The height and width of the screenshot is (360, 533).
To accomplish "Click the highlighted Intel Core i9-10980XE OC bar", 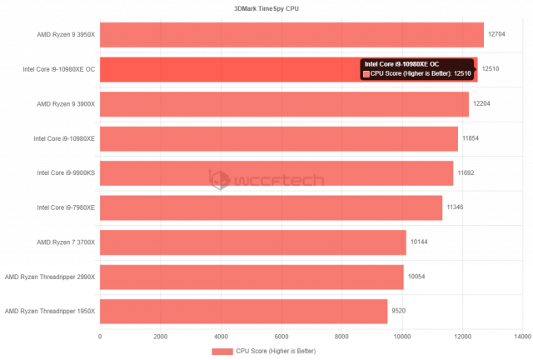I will coord(225,69).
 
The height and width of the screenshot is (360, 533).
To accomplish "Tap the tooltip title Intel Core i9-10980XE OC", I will coord(401,63).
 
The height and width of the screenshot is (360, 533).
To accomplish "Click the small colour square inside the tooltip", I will coord(366,74).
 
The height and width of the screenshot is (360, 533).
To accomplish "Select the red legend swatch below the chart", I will coord(222,352).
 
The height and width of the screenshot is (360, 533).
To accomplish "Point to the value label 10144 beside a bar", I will coord(419,242).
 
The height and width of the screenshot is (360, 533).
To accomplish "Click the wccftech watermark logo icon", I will coord(218,179).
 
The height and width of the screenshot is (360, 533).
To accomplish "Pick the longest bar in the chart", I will coord(291,35).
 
